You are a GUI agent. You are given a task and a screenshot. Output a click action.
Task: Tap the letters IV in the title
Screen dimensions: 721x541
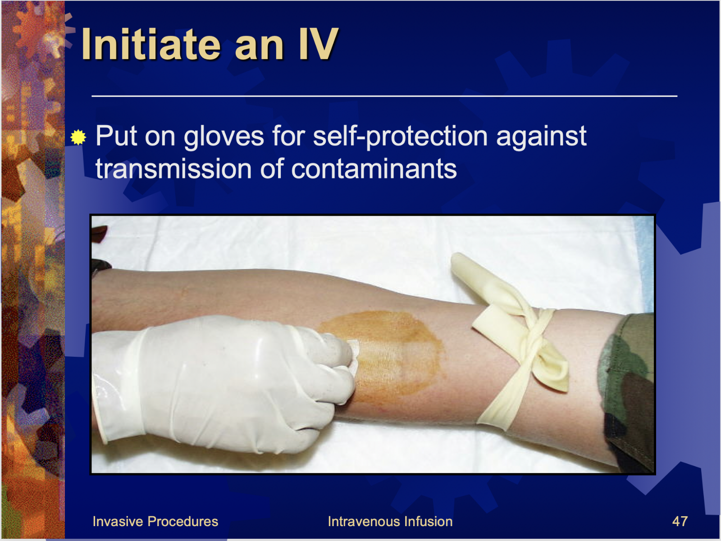coord(318,44)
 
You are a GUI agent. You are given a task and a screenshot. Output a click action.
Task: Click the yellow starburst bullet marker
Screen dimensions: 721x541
coord(78,137)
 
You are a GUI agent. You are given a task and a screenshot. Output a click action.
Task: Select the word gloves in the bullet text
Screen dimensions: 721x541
coord(224,136)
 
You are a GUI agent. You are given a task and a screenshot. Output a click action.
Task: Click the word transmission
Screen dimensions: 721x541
coord(173,169)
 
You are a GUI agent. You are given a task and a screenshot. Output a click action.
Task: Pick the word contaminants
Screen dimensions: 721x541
coord(374,169)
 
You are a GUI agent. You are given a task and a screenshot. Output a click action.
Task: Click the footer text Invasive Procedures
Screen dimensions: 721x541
coord(155,521)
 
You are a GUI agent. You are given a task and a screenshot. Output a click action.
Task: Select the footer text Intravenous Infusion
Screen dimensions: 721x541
coord(390,521)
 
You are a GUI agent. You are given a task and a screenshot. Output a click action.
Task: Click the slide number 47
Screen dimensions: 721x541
coord(680,521)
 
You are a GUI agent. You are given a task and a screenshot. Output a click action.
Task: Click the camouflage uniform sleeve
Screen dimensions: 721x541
coord(626,391)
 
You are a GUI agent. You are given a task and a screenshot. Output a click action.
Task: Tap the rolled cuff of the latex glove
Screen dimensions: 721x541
coord(99,387)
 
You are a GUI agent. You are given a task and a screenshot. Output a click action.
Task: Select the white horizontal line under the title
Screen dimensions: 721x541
coord(384,96)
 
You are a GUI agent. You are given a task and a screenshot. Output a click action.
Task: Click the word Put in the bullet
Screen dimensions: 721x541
coord(116,136)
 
